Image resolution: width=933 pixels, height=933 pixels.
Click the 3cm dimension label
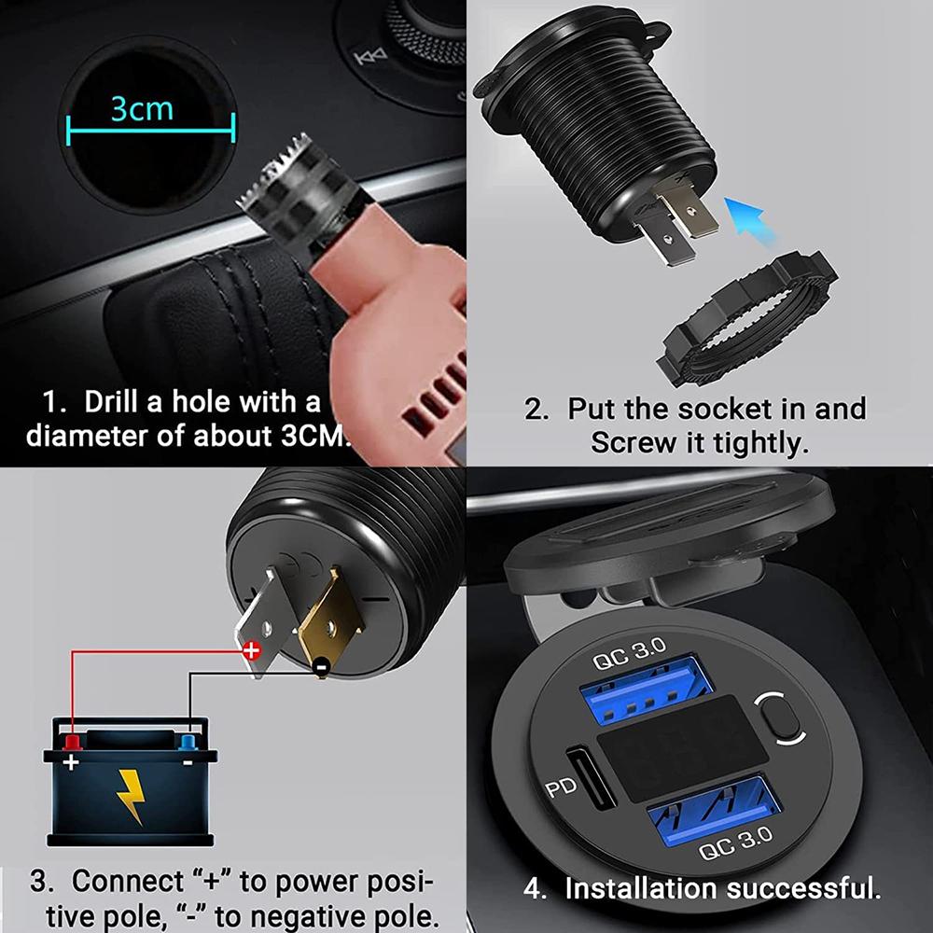[x=142, y=108]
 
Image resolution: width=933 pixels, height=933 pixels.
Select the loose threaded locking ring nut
[x=747, y=317]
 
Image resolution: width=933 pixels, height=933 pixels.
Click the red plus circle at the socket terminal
[x=251, y=651]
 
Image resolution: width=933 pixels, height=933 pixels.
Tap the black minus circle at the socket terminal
[x=320, y=666]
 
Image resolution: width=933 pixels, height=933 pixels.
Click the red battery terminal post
[x=71, y=741]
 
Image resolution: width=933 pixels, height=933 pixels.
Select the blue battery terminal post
[x=187, y=742]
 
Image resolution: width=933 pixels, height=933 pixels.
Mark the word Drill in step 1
[x=115, y=403]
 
